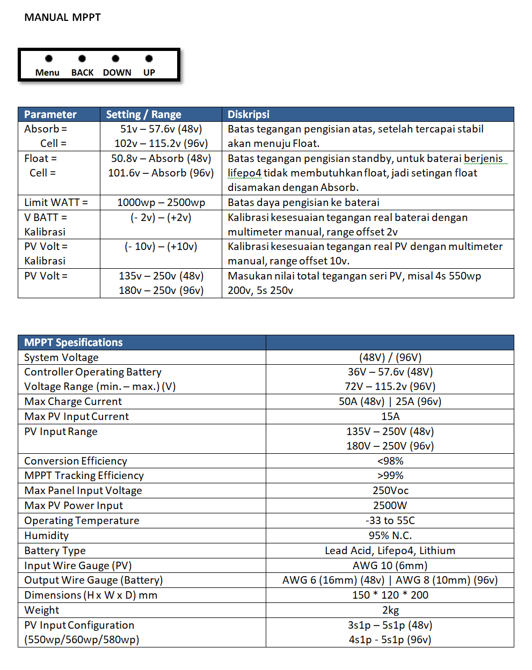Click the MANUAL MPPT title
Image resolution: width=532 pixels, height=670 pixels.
62,17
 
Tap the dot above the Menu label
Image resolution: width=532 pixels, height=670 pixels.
49,58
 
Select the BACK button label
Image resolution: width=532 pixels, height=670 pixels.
82,72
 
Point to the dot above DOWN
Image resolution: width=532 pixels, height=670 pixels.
115,58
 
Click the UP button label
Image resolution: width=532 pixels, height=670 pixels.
149,72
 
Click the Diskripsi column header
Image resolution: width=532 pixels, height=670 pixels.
249,114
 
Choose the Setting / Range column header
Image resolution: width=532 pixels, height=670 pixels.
143,114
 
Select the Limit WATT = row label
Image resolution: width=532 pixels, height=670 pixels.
56,202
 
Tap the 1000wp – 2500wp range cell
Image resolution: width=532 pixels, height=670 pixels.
161,202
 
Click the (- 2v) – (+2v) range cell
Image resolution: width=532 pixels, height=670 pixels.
161,217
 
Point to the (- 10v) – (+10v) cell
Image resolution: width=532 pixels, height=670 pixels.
161,246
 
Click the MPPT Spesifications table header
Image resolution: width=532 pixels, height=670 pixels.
74,342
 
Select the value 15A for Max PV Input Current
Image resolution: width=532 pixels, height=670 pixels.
390,416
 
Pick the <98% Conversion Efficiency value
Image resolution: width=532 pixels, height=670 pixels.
390,461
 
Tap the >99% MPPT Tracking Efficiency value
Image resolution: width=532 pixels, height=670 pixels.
390,475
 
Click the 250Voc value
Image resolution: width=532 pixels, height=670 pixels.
390,490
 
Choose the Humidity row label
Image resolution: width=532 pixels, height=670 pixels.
47,535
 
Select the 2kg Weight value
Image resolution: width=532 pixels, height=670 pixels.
390,610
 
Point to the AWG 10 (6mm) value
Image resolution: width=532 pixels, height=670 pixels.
390,565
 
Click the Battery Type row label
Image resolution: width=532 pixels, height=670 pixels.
55,550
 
